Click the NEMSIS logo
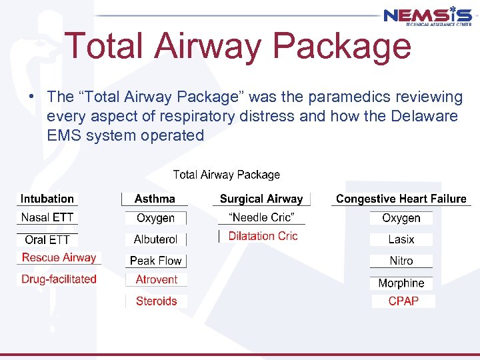click(x=428, y=16)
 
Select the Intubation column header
click(x=47, y=199)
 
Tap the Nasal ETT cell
click(x=47, y=217)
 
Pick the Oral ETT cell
click(x=47, y=239)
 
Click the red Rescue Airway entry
click(x=59, y=258)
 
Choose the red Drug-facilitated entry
click(x=59, y=279)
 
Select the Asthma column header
click(x=155, y=199)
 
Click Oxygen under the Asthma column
click(x=155, y=218)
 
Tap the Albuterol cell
click(x=155, y=239)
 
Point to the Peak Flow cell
click(x=155, y=261)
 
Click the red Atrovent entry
click(x=157, y=280)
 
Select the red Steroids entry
click(x=157, y=301)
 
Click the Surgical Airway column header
click(x=261, y=199)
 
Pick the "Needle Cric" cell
click(x=261, y=217)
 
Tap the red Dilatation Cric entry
click(x=263, y=236)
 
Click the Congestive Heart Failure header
click(x=401, y=199)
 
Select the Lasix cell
click(x=401, y=239)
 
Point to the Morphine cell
click(x=401, y=283)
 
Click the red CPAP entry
click(x=403, y=301)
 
